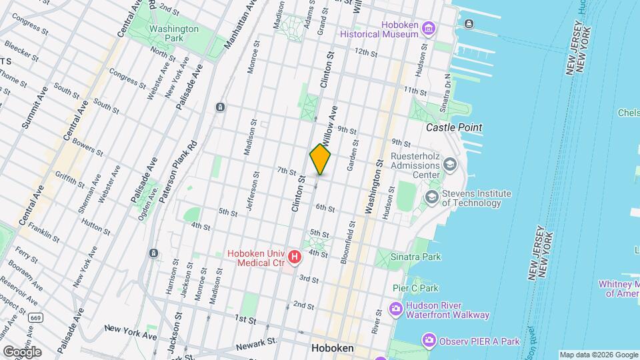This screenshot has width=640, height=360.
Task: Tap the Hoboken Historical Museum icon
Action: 428,29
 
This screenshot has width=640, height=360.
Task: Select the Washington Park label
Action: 173,29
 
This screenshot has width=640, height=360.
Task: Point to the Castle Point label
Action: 454,127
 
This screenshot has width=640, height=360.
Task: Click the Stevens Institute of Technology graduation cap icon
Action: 432,197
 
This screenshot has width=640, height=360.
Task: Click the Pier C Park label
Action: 415,288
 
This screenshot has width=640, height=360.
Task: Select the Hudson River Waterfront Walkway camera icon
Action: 395,309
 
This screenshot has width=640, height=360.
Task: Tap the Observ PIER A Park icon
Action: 429,341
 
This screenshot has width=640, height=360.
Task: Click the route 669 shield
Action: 35,317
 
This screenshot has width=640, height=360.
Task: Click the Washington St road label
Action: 372,187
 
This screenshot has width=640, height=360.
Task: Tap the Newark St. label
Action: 257,342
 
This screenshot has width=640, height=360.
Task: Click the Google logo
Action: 21,351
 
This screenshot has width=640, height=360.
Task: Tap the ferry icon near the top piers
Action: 470,24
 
